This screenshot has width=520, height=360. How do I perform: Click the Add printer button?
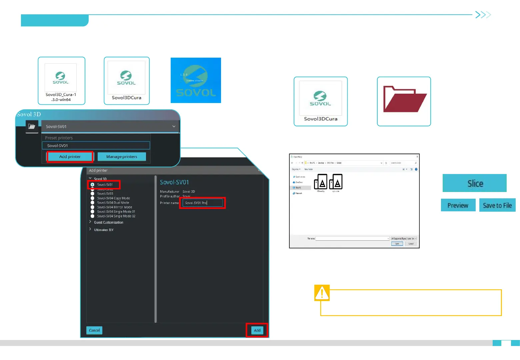pos(70,157)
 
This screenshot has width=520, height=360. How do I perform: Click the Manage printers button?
pos(122,157)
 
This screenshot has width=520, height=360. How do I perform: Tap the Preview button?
pos(458,205)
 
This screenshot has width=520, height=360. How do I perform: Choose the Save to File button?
pos(497,205)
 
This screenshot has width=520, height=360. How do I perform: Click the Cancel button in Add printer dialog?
pos(94,330)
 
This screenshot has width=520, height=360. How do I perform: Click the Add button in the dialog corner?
pos(257,330)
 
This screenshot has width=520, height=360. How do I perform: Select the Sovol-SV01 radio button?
pos(93,185)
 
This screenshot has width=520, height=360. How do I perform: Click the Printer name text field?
pos(202,203)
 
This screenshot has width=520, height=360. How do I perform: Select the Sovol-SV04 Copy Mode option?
pos(93,198)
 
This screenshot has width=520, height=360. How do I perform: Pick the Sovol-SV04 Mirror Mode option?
pos(93,207)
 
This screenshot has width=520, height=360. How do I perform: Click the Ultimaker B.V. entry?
pos(104,230)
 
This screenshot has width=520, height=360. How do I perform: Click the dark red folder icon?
pos(404,100)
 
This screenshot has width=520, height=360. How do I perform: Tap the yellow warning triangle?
pos(322,293)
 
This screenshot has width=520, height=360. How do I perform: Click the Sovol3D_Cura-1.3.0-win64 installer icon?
pos(61,80)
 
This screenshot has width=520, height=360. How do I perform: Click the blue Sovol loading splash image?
pos(196,80)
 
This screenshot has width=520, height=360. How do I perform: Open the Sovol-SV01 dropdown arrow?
pos(174,127)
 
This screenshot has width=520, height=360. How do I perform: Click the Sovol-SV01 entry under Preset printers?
pos(96,146)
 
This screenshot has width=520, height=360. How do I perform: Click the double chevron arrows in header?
pos(483,15)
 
